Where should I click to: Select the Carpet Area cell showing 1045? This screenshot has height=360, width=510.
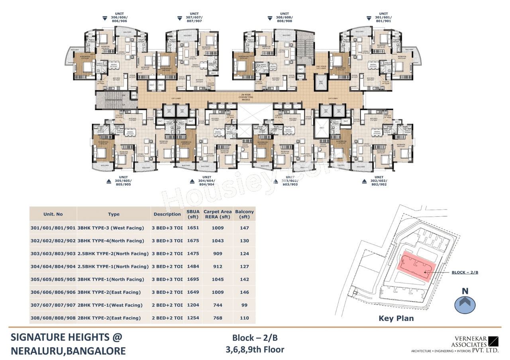coord(218,279)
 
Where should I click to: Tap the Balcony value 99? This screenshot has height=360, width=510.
coord(245,305)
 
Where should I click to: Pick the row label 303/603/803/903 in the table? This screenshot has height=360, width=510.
coord(53,254)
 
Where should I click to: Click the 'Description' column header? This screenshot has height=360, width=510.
coord(167,214)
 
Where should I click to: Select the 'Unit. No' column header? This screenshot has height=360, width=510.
coord(53,214)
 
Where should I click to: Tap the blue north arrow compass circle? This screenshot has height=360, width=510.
coord(465,305)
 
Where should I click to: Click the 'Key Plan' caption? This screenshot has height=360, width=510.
coord(397,318)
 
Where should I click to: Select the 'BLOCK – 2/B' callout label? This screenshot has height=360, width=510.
coord(465,272)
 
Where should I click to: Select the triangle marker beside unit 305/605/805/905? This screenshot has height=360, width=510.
coord(109,182)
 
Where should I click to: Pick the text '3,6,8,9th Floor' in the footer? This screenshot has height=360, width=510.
coord(255,350)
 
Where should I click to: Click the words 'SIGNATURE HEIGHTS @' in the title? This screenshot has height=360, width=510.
coord(66,337)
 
